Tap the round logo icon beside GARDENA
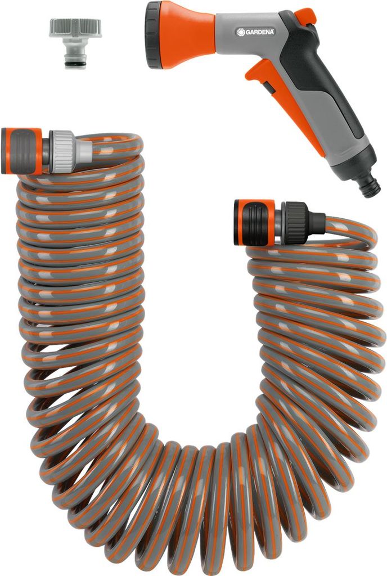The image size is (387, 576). [241, 32]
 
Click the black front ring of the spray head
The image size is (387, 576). [154, 35]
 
